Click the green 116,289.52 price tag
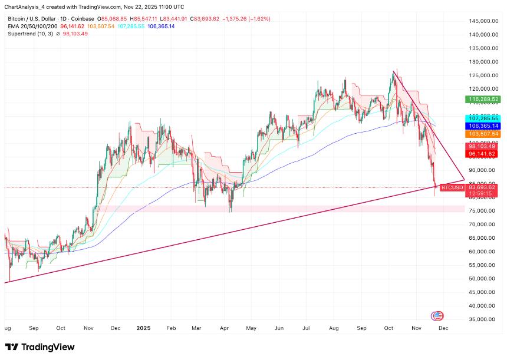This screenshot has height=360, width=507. pos(483,100)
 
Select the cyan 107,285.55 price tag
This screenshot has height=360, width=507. pos(483,118)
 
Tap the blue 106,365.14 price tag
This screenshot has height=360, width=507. pos(483,126)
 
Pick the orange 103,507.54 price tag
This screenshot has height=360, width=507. pos(483,134)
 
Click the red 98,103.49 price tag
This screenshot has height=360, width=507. pos(483,146)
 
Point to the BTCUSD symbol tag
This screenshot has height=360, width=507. pos(452,187)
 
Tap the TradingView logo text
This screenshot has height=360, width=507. pos(42,346)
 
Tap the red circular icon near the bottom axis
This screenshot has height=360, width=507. pos(437,316)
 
